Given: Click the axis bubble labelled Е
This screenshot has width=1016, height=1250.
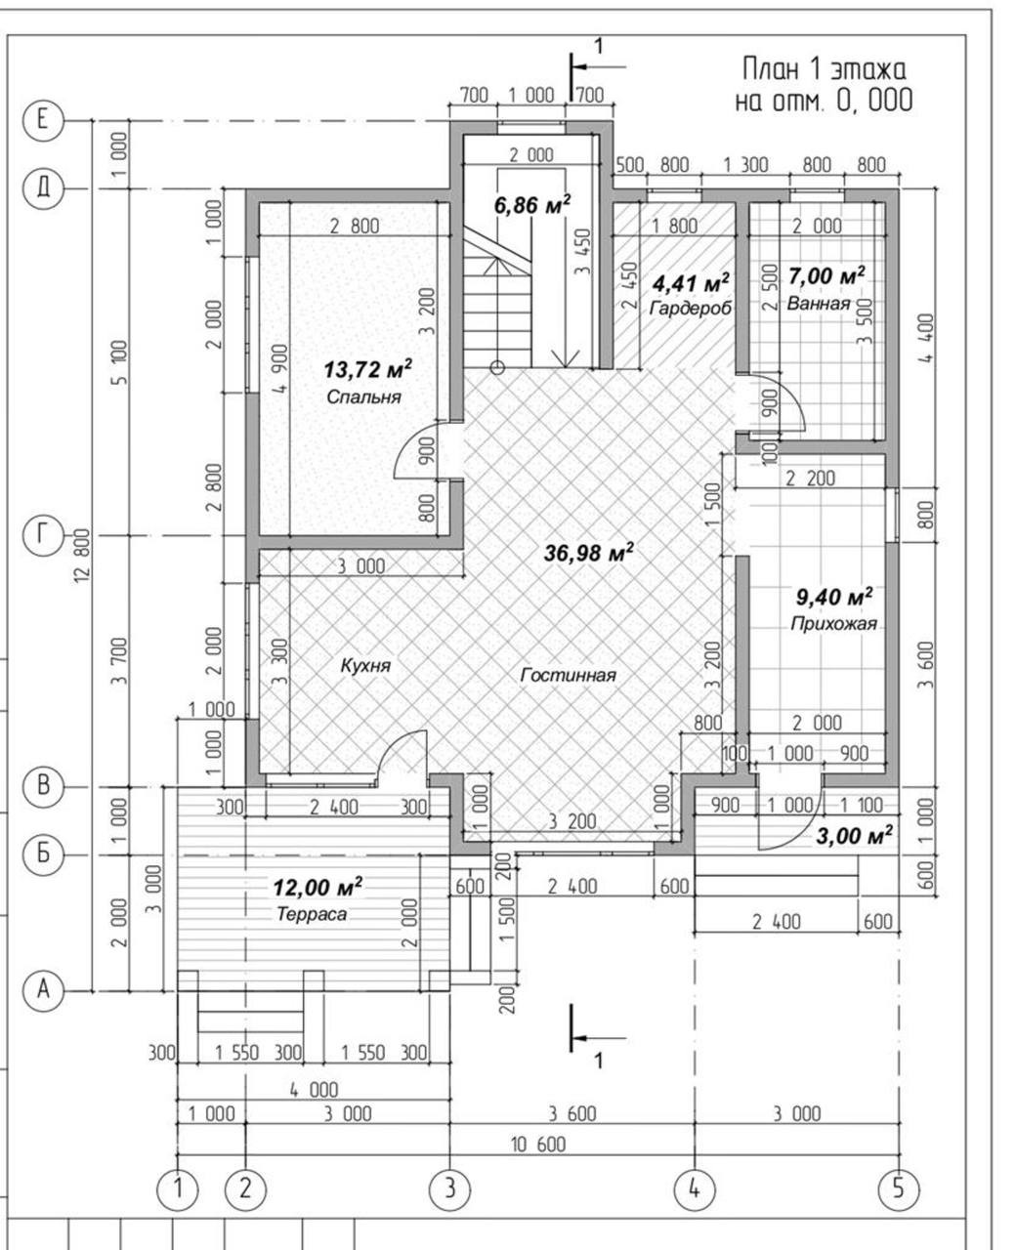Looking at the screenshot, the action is (x=42, y=121).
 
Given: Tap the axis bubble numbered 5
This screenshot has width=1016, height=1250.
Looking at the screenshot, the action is (x=899, y=1188).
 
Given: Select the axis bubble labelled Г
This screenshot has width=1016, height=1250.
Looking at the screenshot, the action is (x=42, y=535).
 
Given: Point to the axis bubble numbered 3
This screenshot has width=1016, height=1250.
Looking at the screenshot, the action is (x=450, y=1188).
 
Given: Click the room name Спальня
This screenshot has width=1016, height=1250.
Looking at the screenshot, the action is (x=363, y=397).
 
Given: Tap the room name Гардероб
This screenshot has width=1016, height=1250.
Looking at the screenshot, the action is (x=691, y=308).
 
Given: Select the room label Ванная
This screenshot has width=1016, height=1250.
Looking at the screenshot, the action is (x=819, y=304).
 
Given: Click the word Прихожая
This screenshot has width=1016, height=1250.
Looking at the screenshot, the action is (x=833, y=623).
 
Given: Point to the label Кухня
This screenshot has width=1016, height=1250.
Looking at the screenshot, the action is (x=365, y=666).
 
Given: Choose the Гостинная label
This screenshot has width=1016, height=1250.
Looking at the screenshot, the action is (x=569, y=675).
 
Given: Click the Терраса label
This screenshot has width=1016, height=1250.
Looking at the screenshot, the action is (x=312, y=914).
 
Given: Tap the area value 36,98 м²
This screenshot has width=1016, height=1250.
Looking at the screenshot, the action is (x=589, y=552).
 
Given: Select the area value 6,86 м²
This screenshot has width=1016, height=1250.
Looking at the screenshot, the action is (x=532, y=205).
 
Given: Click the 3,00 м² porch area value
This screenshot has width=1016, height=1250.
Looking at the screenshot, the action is (x=855, y=835).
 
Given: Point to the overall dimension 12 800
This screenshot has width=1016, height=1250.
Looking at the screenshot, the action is (x=82, y=556).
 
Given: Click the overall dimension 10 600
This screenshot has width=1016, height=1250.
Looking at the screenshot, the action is (x=539, y=1144).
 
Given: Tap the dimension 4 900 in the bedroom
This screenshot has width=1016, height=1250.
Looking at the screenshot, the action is (x=280, y=369).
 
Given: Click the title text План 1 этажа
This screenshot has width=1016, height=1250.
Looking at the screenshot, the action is (x=824, y=69).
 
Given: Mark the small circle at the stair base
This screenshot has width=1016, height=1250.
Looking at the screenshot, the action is (x=497, y=368).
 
